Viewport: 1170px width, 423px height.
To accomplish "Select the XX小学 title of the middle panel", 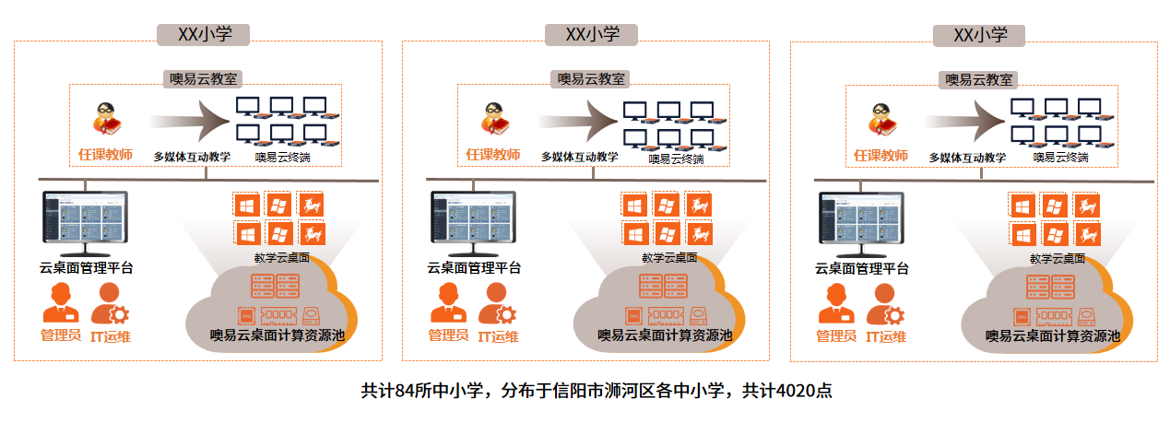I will click(x=592, y=35).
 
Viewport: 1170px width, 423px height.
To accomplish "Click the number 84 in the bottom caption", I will click(x=402, y=390).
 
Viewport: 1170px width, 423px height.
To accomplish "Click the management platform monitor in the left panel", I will click(x=85, y=222).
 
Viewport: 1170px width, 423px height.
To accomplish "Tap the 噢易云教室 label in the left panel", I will click(x=204, y=79).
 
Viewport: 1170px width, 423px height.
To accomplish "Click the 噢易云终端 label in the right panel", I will click(x=1060, y=158).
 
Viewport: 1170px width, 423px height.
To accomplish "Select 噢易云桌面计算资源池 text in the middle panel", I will click(x=666, y=335).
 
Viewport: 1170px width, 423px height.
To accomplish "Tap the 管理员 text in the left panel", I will click(x=62, y=335).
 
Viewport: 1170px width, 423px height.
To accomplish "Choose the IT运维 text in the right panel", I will click(x=885, y=336).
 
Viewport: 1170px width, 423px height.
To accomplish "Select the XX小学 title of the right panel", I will click(x=979, y=35).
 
